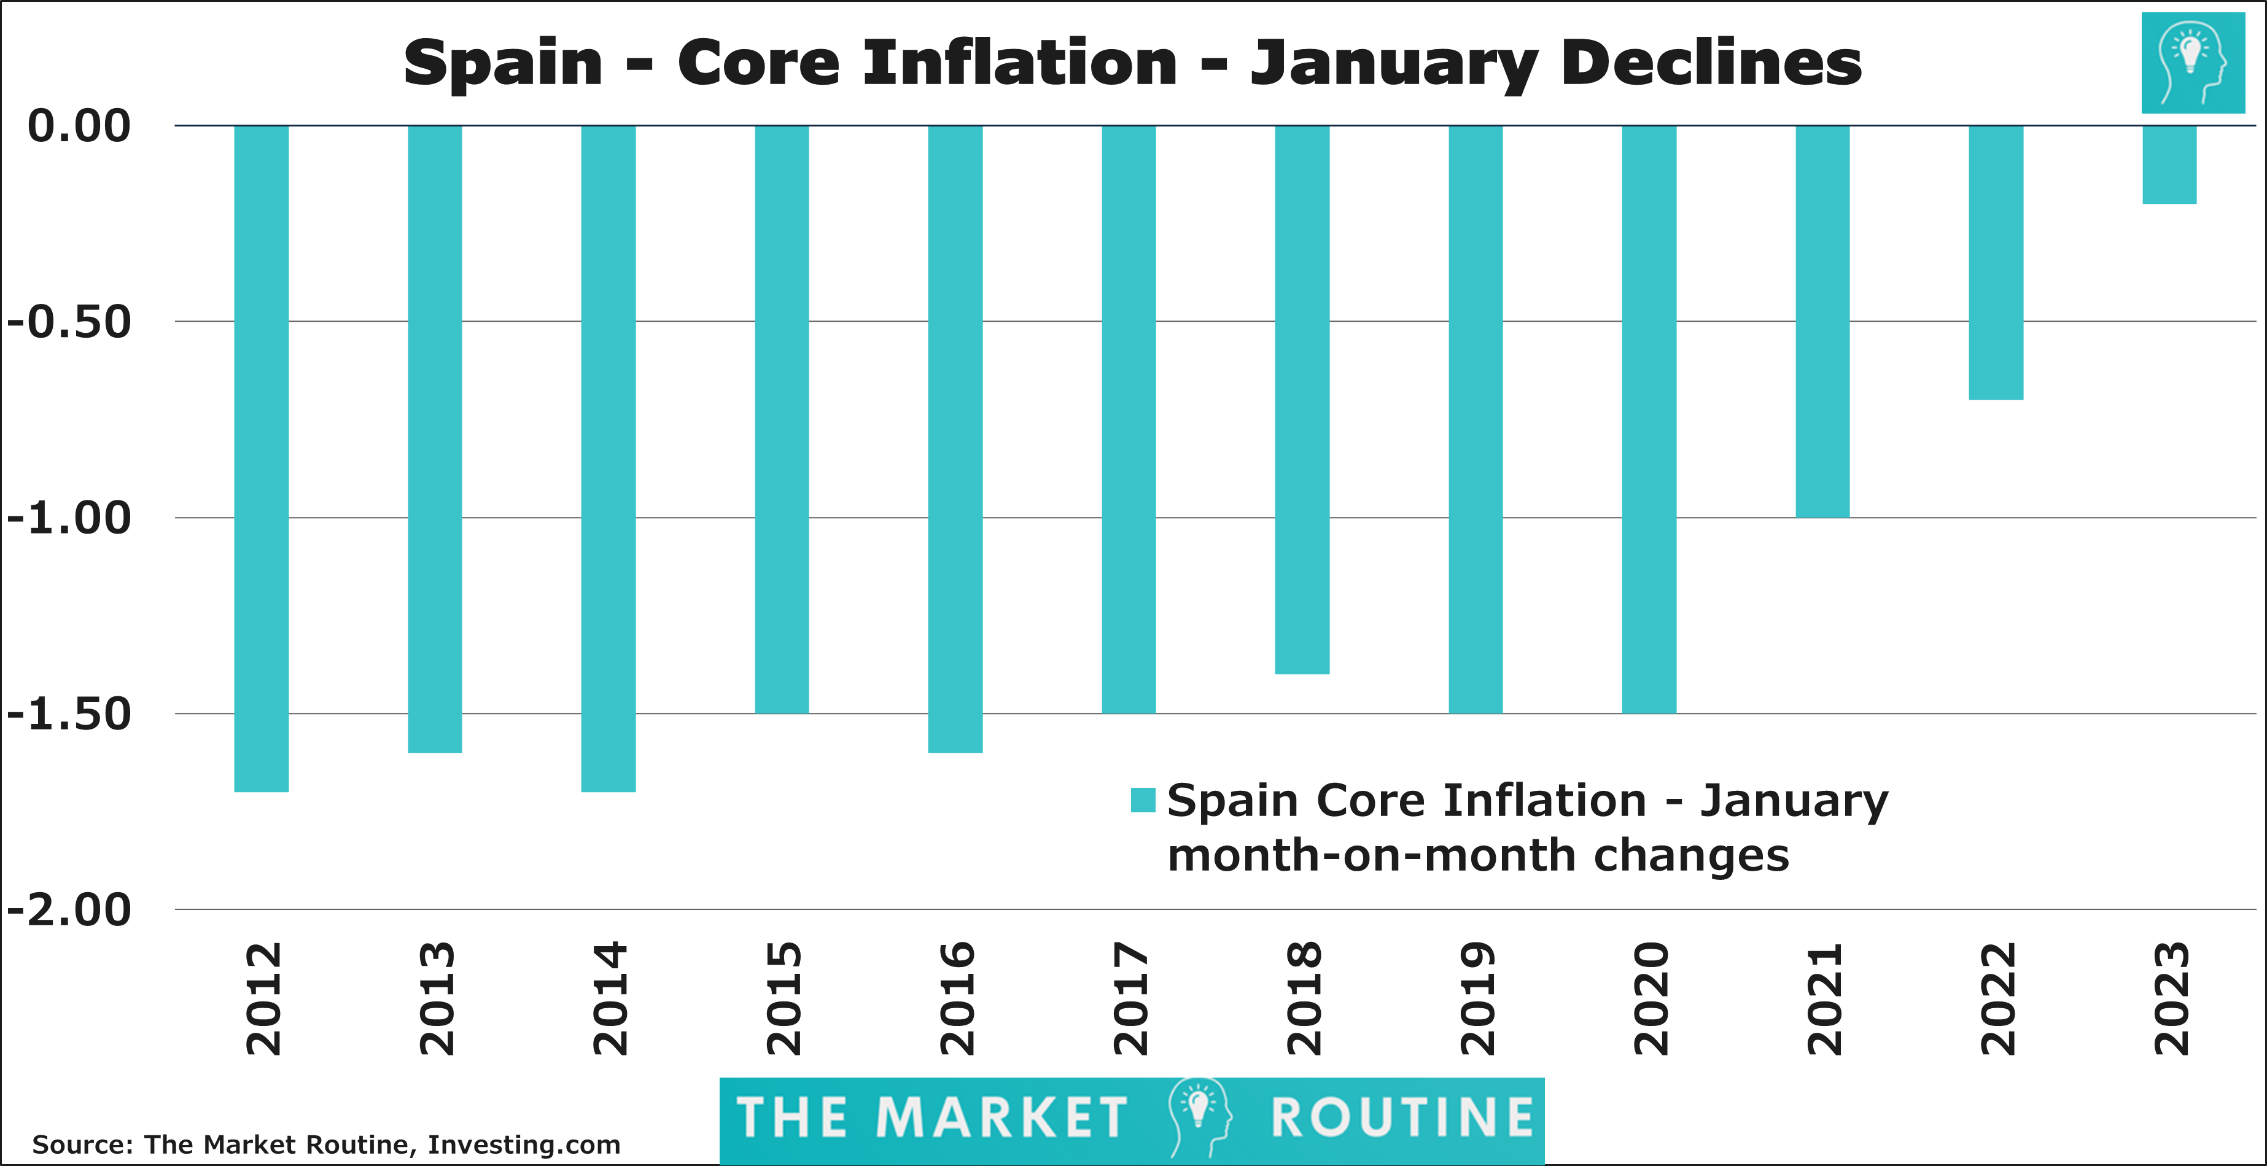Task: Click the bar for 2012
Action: coord(262,457)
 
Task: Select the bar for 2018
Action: coord(1302,400)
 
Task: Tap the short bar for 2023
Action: coord(2169,165)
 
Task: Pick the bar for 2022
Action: coord(1996,262)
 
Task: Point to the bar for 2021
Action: coord(1822,321)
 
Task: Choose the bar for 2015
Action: coord(782,419)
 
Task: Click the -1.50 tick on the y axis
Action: coord(69,713)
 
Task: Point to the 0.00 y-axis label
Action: coord(79,126)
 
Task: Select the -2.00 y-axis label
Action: coord(69,910)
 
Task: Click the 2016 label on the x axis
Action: coord(957,999)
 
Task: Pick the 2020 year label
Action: coord(1650,999)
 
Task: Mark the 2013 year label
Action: coord(437,999)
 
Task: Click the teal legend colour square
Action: coord(1142,800)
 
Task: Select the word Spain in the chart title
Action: coord(502,65)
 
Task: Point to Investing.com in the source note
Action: coord(524,1145)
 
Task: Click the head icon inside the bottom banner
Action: coord(1199,1116)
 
